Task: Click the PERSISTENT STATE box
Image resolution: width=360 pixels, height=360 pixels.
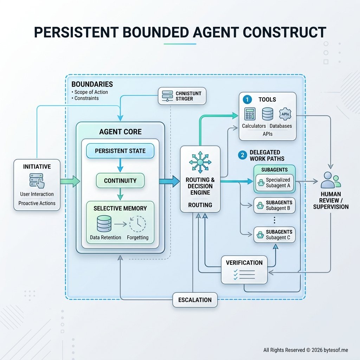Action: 120,151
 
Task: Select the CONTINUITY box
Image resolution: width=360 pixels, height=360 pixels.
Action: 120,181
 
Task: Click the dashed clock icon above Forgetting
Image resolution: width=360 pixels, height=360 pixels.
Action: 137,224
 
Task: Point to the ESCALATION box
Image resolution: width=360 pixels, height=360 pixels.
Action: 195,300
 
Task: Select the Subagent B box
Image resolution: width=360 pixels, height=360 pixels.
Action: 274,205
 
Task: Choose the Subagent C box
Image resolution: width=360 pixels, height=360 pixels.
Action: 274,235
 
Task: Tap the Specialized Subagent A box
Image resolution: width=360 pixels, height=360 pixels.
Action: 275,182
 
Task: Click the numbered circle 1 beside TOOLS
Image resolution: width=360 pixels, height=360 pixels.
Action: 247,100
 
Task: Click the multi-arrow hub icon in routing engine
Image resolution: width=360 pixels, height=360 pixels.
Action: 200,162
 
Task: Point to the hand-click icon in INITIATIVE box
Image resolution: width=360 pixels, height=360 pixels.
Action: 37,180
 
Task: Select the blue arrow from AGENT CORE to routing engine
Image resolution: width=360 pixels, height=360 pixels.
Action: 169,181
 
